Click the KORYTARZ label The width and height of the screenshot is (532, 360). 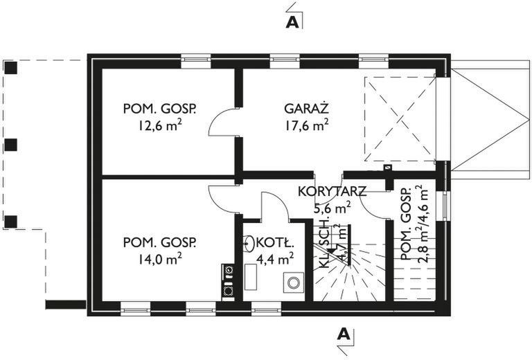tap(331, 192)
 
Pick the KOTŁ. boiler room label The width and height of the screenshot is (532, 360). tap(276, 243)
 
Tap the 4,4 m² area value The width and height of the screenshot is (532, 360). tap(276, 259)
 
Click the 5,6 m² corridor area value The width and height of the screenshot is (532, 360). tap(331, 207)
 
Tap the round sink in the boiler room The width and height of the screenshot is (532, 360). tap(249, 243)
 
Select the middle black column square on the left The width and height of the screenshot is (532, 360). tap(10, 145)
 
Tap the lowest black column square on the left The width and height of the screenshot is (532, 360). tap(10, 222)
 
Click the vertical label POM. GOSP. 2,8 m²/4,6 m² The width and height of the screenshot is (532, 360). tap(414, 222)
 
